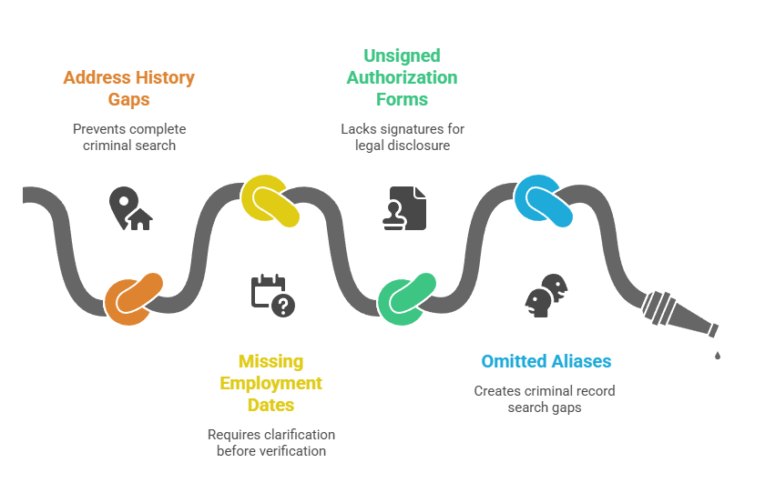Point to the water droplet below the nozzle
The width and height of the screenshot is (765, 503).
click(718, 355)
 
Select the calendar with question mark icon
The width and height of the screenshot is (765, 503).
click(272, 296)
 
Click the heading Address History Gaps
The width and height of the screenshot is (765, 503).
click(128, 88)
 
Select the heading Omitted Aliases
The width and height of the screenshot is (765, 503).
click(546, 361)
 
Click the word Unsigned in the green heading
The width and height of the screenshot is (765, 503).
click(402, 56)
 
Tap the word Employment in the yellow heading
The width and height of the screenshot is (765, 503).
click(270, 383)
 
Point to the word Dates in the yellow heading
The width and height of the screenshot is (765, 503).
click(270, 405)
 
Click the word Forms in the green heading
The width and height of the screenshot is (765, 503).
click(402, 99)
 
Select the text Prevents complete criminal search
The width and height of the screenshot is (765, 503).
click(128, 136)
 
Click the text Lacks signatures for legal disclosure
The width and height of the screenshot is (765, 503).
click(402, 136)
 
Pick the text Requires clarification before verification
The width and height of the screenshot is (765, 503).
click(270, 442)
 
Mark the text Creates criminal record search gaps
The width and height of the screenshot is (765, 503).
click(545, 398)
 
